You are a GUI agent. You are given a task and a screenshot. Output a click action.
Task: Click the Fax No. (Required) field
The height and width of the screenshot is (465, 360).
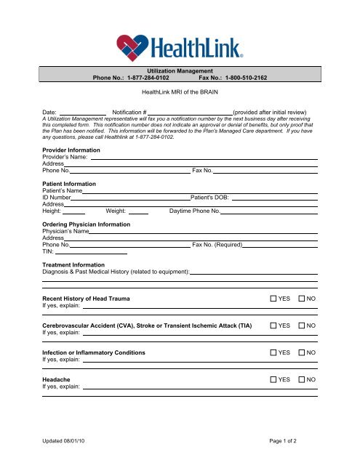pyautogui.click(x=280, y=246)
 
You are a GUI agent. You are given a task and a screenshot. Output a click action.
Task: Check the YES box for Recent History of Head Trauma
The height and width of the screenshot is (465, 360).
pyautogui.click(x=273, y=299)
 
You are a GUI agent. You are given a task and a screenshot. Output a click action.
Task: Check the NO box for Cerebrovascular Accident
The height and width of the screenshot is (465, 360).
pyautogui.click(x=303, y=325)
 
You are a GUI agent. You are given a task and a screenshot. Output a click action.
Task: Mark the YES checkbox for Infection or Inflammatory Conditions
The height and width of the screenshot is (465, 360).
pyautogui.click(x=273, y=352)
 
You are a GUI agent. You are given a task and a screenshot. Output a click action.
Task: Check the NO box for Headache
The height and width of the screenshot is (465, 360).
pyautogui.click(x=303, y=379)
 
